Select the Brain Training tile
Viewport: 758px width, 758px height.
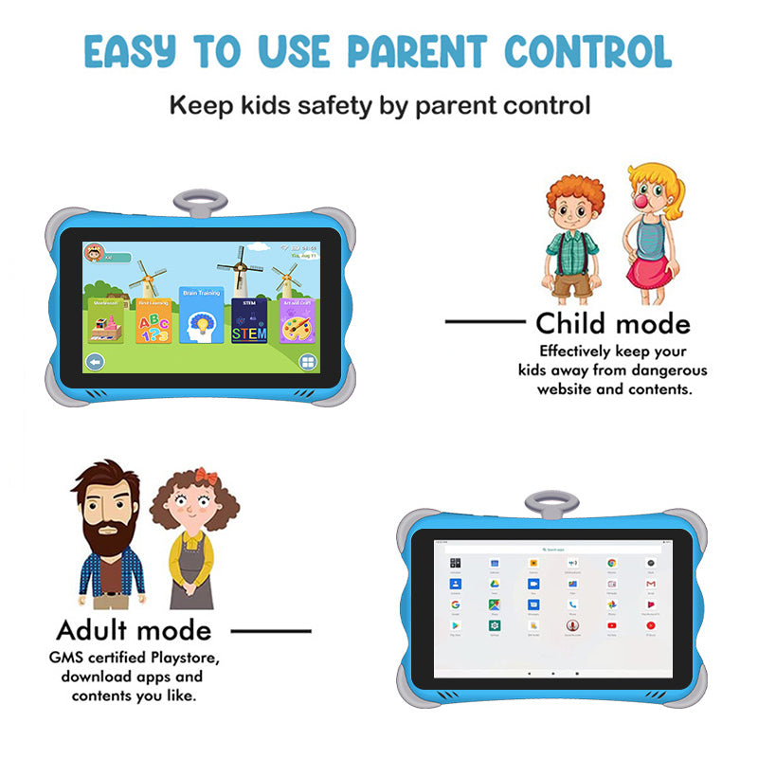[202, 317]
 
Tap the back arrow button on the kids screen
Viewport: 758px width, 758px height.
[95, 361]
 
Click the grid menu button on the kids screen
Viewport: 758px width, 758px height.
[308, 361]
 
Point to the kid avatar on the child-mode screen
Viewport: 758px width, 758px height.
[94, 253]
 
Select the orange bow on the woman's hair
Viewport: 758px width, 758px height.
[207, 476]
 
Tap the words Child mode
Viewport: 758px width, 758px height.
[612, 324]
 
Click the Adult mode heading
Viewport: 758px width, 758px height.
[134, 630]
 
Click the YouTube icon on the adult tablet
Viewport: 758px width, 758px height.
[612, 626]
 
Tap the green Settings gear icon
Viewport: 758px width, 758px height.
[494, 626]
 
